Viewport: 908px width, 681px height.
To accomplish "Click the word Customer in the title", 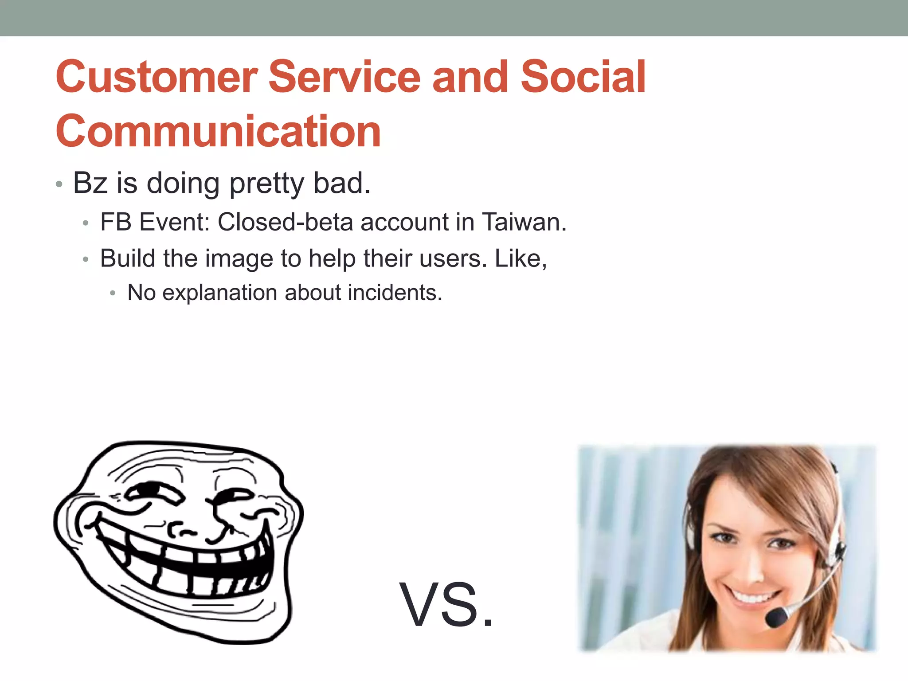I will coord(156,77).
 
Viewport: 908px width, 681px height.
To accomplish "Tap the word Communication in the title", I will coord(218,131).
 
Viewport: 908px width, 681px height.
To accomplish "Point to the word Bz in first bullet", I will coord(90,183).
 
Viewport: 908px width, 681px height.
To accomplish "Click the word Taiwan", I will coord(524,222).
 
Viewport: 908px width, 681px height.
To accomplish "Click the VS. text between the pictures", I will coord(446,606).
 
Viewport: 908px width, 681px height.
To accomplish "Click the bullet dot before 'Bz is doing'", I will coord(59,184).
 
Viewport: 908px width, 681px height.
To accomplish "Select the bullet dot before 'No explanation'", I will coord(113,294).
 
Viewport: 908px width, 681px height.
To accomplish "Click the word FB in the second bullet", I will coord(115,222).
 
